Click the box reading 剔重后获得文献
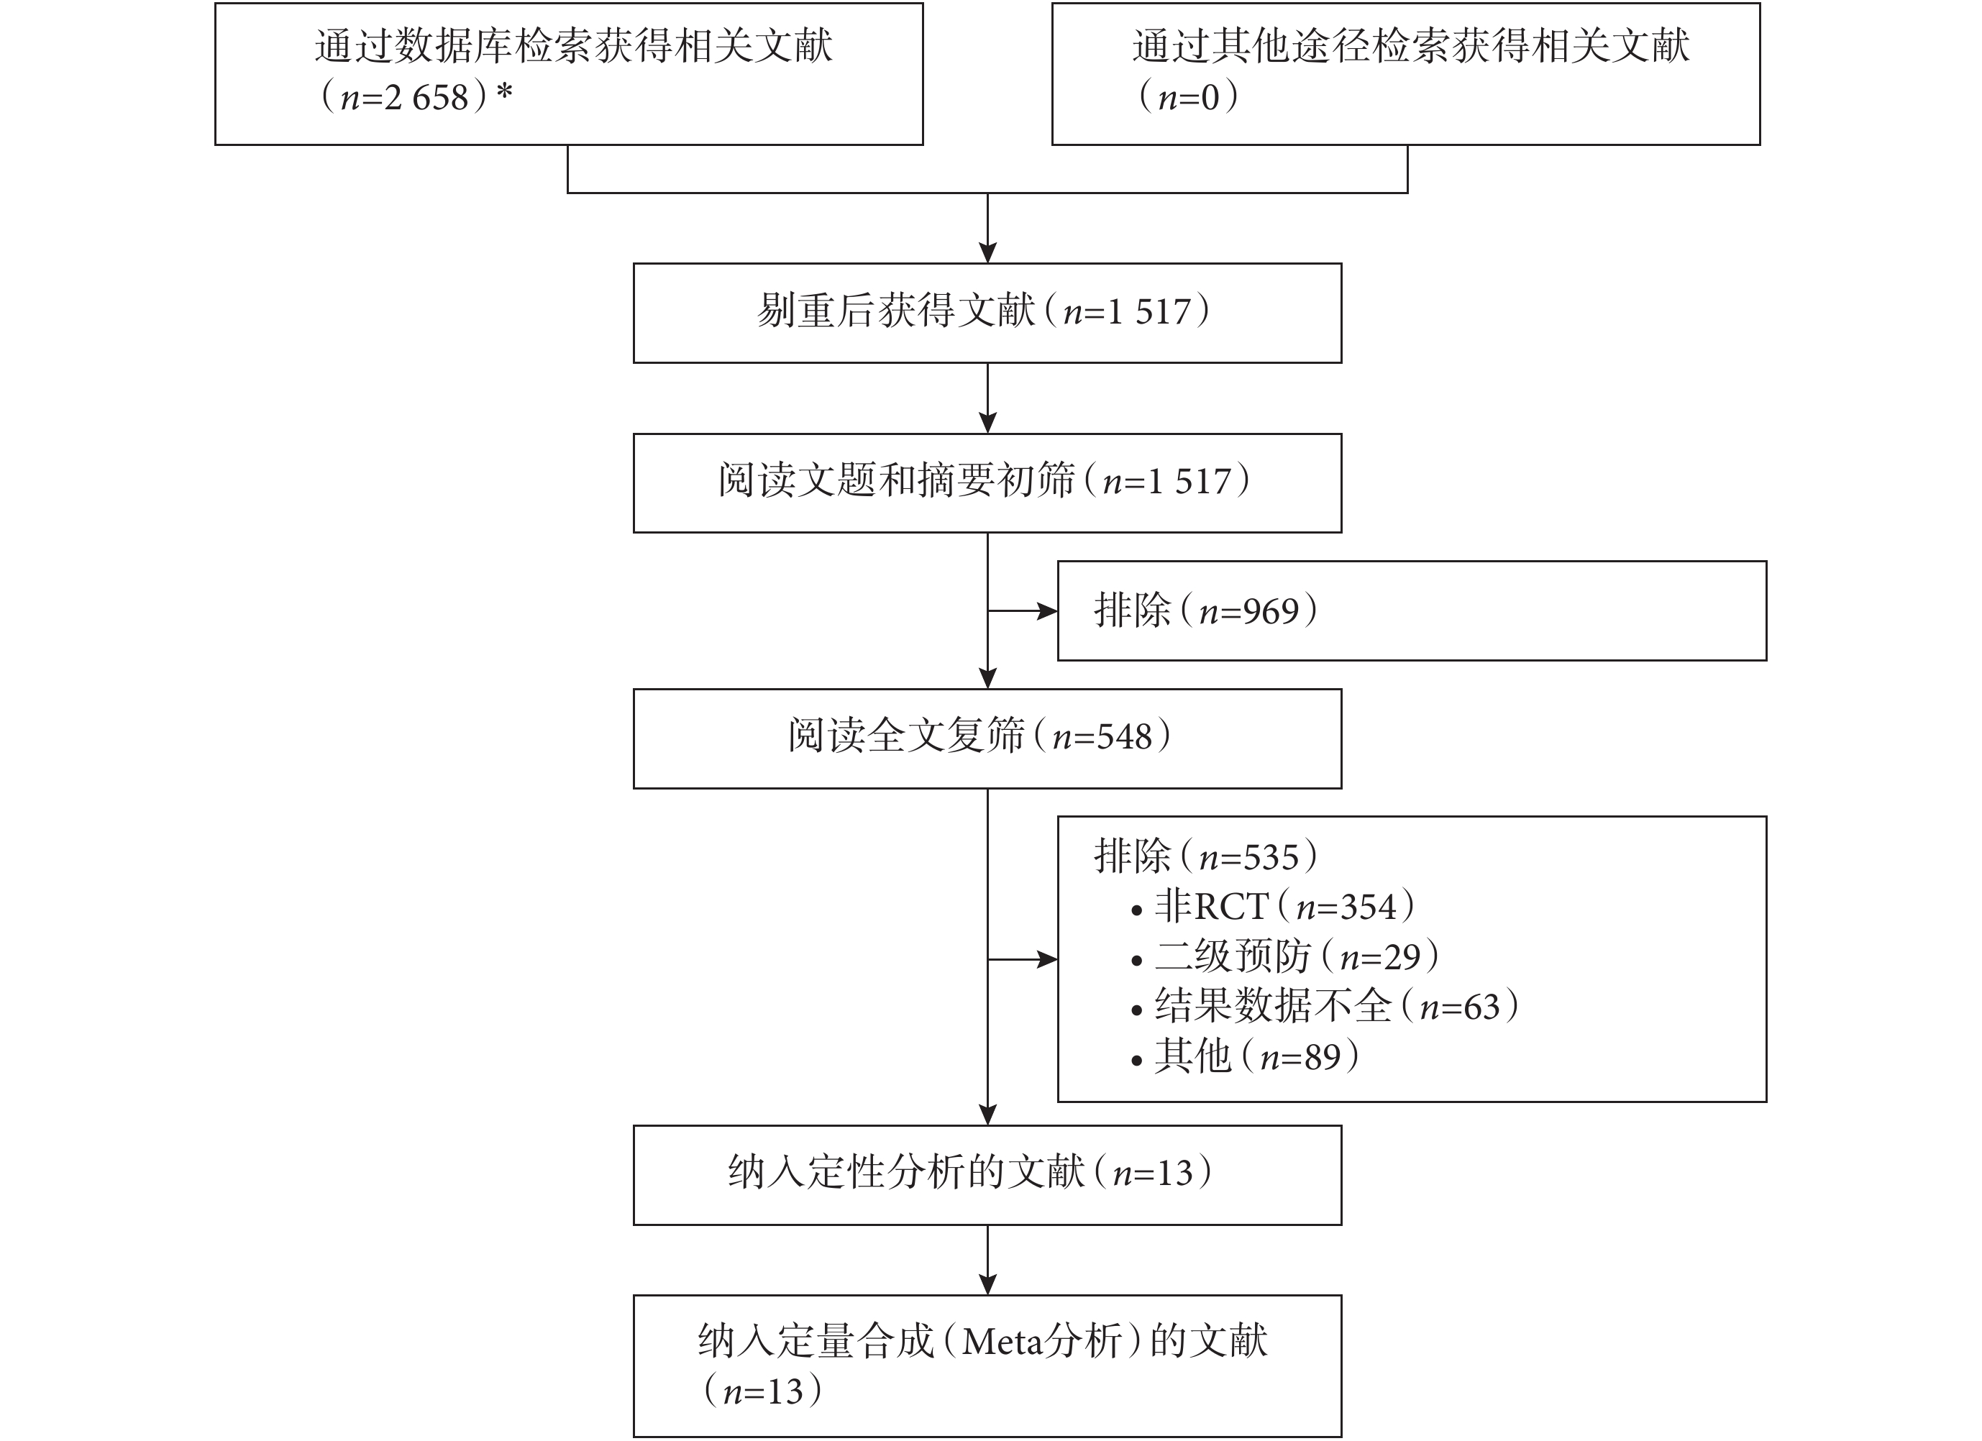point(987,313)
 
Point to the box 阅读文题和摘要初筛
point(987,483)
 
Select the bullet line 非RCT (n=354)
point(1272,907)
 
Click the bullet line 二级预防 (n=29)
point(1284,957)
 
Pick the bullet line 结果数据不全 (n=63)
point(1324,1007)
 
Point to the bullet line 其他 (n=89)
point(1244,1056)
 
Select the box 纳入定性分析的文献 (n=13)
point(987,1176)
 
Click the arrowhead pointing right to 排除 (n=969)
point(1047,610)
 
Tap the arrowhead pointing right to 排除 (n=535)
point(1047,959)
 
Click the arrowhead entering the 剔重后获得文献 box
point(987,252)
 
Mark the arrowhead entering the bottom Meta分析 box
point(987,1284)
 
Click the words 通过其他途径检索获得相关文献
point(1411,46)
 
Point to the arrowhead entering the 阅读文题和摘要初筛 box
point(987,423)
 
